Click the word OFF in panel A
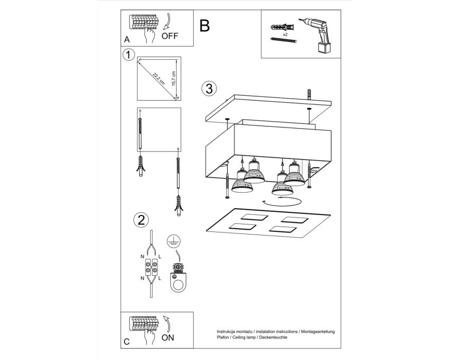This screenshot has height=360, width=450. (169, 36)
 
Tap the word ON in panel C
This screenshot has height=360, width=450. (168, 338)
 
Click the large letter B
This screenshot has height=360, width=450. (205, 25)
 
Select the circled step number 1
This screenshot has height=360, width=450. (129, 55)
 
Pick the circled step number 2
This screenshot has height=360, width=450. (141, 220)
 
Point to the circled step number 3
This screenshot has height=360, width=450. (209, 88)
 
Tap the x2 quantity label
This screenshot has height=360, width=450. (285, 34)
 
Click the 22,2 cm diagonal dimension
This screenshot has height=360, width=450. (159, 79)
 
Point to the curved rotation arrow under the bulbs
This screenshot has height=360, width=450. (282, 202)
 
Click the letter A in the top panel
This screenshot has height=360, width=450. (127, 40)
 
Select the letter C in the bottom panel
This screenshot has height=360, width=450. (127, 341)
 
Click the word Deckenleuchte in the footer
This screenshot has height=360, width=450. (273, 337)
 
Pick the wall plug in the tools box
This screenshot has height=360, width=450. (283, 28)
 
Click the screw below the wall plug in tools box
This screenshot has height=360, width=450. (283, 40)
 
